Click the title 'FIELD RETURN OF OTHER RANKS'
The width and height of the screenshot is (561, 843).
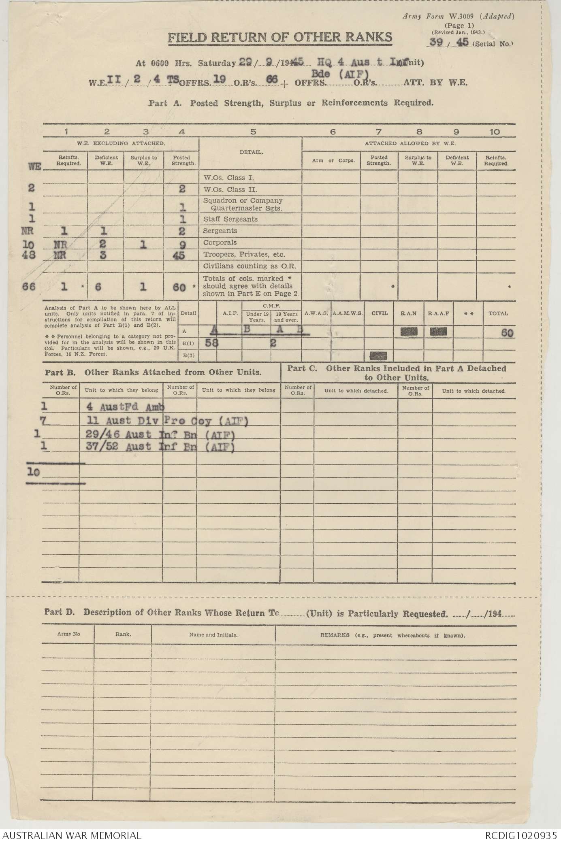pyautogui.click(x=280, y=38)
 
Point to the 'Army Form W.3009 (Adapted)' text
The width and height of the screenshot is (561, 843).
pyautogui.click(x=458, y=17)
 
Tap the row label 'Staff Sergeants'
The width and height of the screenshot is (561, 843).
pyautogui.click(x=230, y=219)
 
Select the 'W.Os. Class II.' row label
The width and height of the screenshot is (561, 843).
pyautogui.click(x=230, y=189)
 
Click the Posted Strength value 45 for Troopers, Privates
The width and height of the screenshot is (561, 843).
pyautogui.click(x=180, y=255)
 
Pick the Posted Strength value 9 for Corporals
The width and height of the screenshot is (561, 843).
pyautogui.click(x=182, y=243)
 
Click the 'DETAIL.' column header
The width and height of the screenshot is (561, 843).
pyautogui.click(x=254, y=152)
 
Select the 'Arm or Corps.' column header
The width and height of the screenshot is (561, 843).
pyautogui.click(x=331, y=160)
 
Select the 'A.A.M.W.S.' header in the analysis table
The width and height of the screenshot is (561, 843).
pyautogui.click(x=347, y=313)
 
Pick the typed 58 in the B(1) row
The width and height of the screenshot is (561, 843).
pyautogui.click(x=211, y=343)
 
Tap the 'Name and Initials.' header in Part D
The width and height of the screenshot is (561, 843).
pyautogui.click(x=213, y=635)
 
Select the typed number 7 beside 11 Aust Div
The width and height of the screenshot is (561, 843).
pyautogui.click(x=43, y=421)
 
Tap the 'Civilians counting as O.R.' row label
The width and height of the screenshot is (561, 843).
pyautogui.click(x=250, y=266)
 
